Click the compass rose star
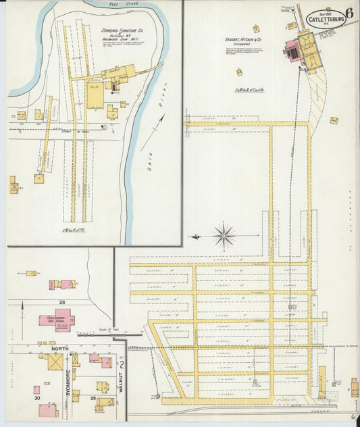click(224, 236)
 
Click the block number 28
click(62, 302)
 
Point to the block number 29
click(92, 401)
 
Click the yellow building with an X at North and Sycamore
click(55, 362)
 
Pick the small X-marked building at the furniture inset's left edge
click(14, 184)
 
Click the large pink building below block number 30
click(47, 410)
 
